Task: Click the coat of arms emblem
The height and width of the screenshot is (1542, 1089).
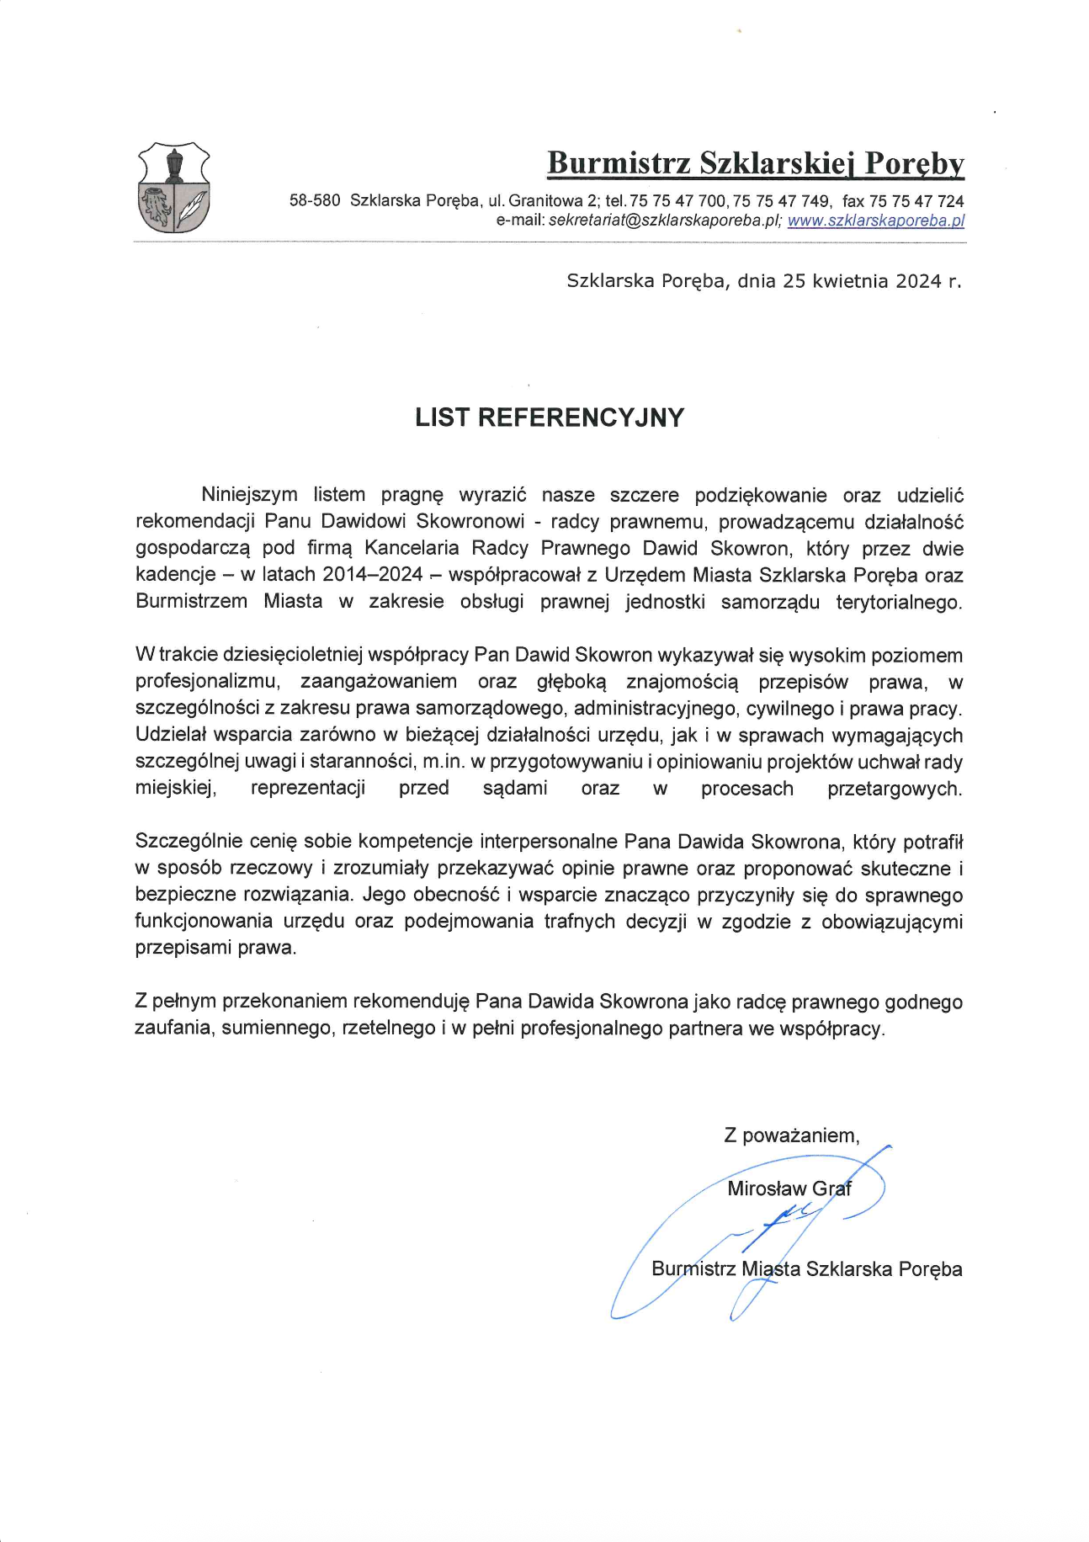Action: click(x=173, y=189)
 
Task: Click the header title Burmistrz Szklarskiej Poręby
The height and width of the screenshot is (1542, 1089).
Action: click(x=755, y=162)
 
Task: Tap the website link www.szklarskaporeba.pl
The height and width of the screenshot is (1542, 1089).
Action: click(x=875, y=221)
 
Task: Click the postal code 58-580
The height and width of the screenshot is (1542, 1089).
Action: click(x=315, y=201)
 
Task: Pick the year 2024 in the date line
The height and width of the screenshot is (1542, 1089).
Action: click(x=918, y=281)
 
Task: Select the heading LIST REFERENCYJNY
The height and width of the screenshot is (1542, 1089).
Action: click(x=550, y=417)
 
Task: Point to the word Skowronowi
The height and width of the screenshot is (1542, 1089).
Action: click(x=470, y=522)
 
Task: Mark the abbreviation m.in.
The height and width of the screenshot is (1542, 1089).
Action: click(x=444, y=762)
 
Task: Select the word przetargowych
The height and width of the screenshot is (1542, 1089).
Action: click(x=895, y=789)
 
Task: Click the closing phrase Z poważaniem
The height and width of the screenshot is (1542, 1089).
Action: click(x=791, y=1135)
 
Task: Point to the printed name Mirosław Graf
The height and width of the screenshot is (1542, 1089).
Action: click(x=789, y=1188)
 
